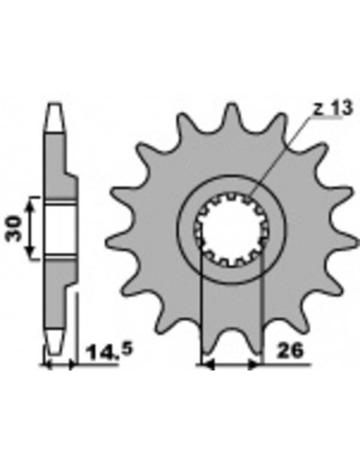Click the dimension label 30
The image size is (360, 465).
[x=14, y=228]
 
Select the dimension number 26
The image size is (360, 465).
[x=289, y=351]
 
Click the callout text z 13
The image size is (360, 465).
[x=333, y=109]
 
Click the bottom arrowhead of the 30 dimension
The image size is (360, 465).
[x=30, y=252]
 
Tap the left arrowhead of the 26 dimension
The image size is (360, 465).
[x=208, y=365]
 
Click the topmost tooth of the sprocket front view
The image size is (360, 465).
[x=231, y=113]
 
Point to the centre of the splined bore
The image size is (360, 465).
[x=231, y=230]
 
